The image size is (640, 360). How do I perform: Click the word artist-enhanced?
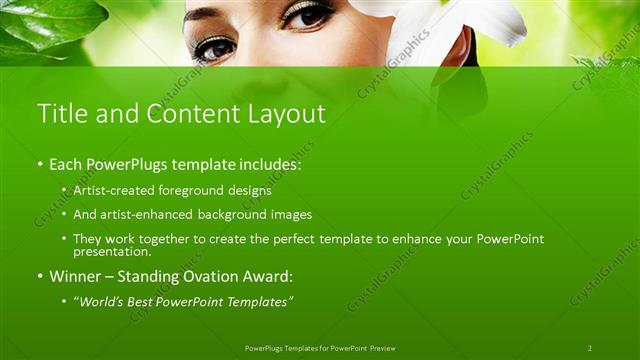coord(146,214)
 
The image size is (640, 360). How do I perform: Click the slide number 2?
coord(590,348)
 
